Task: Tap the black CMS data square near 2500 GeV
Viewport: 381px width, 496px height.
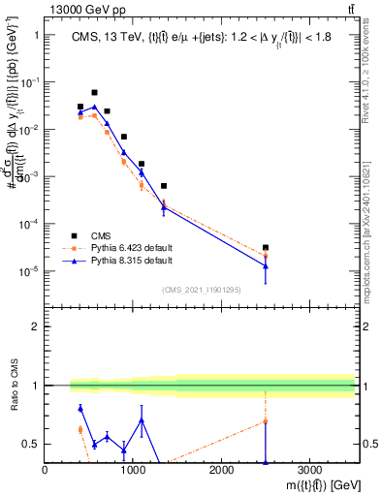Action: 266,248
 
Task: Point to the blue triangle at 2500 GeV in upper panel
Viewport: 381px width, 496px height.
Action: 266,265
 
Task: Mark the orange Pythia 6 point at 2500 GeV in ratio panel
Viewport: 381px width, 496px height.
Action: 266,421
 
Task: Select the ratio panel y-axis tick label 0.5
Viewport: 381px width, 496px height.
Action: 30,445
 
